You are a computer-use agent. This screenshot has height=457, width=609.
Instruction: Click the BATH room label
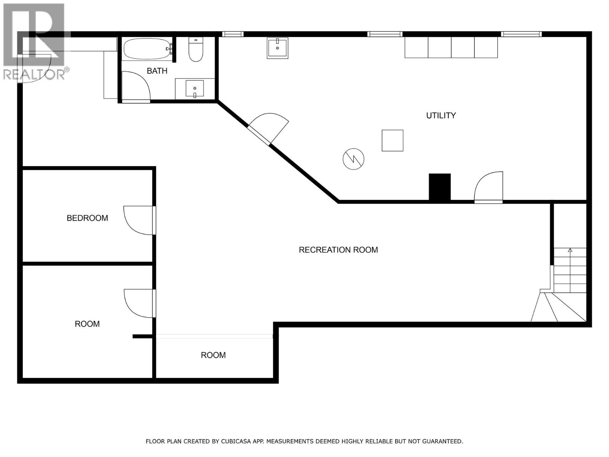click(x=157, y=71)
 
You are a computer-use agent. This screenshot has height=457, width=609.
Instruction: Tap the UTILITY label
click(x=441, y=115)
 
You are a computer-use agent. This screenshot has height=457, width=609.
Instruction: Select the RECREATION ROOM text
click(x=338, y=250)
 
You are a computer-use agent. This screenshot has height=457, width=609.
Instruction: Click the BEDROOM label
click(x=87, y=218)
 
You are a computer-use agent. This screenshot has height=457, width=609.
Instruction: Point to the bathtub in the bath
click(x=147, y=49)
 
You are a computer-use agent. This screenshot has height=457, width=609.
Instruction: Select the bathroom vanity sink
click(x=194, y=88)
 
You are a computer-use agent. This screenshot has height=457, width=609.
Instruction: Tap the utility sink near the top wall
click(x=277, y=48)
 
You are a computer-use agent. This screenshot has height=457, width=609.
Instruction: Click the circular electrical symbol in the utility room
click(x=353, y=159)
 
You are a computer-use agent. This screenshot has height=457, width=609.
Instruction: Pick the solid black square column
click(x=440, y=187)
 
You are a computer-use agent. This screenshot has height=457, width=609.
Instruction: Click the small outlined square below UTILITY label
click(x=392, y=141)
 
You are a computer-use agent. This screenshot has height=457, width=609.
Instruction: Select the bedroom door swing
click(x=138, y=220)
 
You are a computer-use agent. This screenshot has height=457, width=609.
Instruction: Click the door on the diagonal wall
click(x=268, y=128)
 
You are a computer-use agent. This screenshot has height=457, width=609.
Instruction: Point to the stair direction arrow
click(x=570, y=251)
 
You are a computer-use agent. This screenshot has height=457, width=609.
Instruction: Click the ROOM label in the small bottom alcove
click(x=213, y=355)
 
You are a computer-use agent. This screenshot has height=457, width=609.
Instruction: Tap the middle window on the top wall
click(x=384, y=34)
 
